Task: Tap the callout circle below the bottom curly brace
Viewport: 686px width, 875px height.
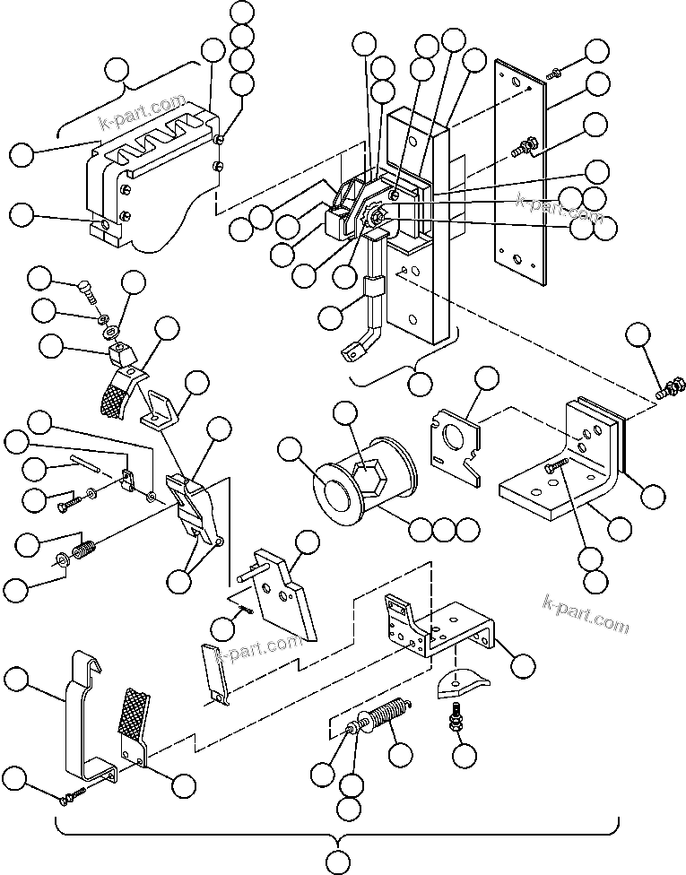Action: tap(338, 862)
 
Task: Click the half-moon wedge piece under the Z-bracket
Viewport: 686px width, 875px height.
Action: tap(459, 686)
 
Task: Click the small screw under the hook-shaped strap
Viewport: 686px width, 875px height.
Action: tap(71, 793)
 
